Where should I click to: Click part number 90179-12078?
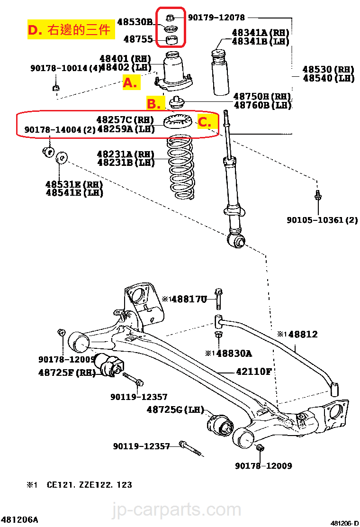coord(216,18)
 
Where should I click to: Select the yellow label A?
coord(130,83)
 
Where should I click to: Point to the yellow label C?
coord(204,122)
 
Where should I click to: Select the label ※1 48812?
coord(297,335)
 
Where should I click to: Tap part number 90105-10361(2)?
coord(322,220)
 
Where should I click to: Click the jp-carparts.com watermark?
coord(176,510)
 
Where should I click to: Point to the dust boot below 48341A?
coord(219,73)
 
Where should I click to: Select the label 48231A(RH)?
coord(126,154)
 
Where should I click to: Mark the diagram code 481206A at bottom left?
coord(19,519)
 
